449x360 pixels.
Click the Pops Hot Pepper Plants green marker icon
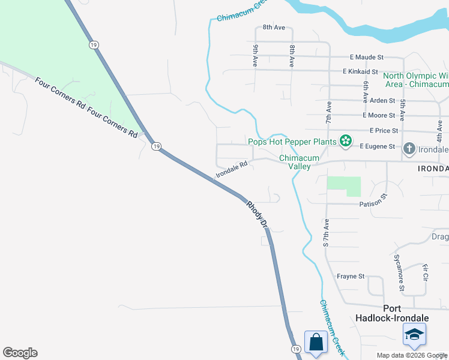click(345, 142)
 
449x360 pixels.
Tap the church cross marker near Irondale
click(409, 148)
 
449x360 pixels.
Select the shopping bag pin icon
click(316, 343)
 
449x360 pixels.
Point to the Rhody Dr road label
click(256, 215)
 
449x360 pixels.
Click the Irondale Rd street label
click(231, 171)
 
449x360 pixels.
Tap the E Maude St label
click(367, 57)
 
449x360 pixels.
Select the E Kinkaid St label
click(360, 71)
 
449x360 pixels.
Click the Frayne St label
click(351, 277)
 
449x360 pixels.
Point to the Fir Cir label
click(425, 272)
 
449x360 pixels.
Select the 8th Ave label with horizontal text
click(274, 28)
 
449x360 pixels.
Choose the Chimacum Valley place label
click(295, 162)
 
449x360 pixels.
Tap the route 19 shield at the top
click(92, 44)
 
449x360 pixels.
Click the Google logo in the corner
click(20, 353)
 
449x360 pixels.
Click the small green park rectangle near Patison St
click(345, 185)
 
